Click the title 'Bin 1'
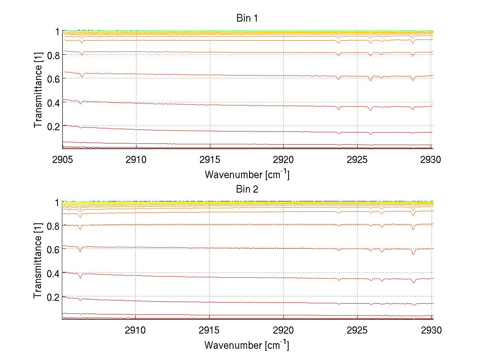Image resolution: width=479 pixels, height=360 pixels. pyautogui.click(x=247, y=18)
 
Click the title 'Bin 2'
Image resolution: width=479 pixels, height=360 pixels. pyautogui.click(x=247, y=189)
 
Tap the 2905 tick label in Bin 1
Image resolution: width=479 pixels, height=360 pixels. pyautogui.click(x=62, y=160)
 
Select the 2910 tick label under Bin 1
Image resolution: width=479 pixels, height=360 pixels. pyautogui.click(x=136, y=160)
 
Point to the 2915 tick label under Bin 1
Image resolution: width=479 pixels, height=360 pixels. pyautogui.click(x=210, y=160)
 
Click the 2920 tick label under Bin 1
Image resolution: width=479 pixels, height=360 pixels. pyautogui.click(x=284, y=160)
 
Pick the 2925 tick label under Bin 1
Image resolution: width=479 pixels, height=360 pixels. pyautogui.click(x=358, y=160)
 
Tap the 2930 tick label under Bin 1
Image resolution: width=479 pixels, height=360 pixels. pyautogui.click(x=431, y=160)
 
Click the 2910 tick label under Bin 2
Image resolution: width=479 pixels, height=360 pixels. pyautogui.click(x=136, y=330)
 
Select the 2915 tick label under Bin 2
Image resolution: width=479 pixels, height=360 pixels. pyautogui.click(x=210, y=330)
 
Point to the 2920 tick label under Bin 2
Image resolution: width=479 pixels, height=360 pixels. pyautogui.click(x=284, y=330)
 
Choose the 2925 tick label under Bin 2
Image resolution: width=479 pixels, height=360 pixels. pyautogui.click(x=358, y=330)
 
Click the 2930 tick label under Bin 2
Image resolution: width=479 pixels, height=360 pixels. pyautogui.click(x=431, y=330)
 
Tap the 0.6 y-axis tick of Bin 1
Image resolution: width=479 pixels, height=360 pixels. pyautogui.click(x=53, y=79)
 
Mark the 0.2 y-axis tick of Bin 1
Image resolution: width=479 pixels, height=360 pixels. pyautogui.click(x=53, y=126)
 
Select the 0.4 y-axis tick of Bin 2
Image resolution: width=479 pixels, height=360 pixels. pyautogui.click(x=53, y=273)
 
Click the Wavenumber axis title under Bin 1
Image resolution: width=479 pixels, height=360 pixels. pyautogui.click(x=247, y=174)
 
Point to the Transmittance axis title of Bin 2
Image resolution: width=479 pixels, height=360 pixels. pyautogui.click(x=38, y=261)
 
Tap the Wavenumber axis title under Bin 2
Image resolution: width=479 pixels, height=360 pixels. pyautogui.click(x=247, y=345)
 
